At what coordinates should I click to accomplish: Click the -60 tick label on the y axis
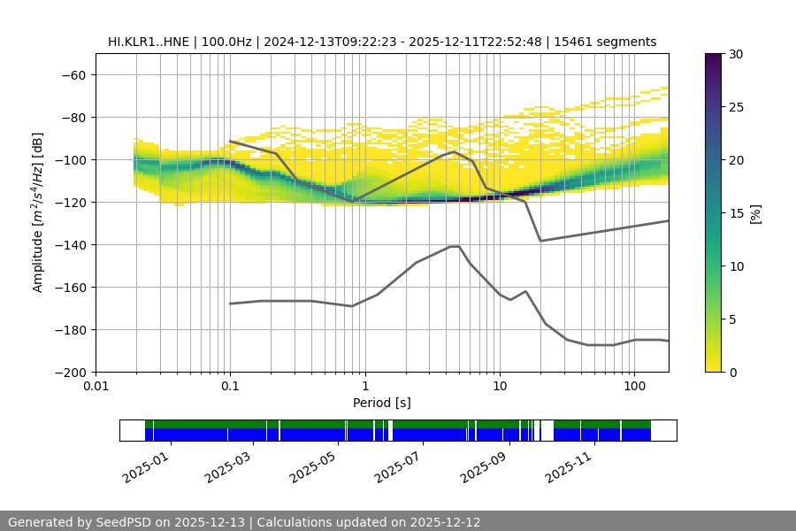point(74,75)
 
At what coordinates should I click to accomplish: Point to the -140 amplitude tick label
point(71,245)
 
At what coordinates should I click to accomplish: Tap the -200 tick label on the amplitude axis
point(71,373)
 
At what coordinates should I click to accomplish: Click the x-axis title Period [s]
point(382,403)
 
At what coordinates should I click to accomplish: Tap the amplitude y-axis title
point(38,212)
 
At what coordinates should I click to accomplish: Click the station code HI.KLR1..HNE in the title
point(149,42)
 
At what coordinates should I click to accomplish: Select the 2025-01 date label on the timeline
point(146,465)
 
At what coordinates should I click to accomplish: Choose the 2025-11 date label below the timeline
point(570,465)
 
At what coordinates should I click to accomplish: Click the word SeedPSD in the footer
point(127,522)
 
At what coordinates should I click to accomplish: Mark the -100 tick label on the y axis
point(71,160)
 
